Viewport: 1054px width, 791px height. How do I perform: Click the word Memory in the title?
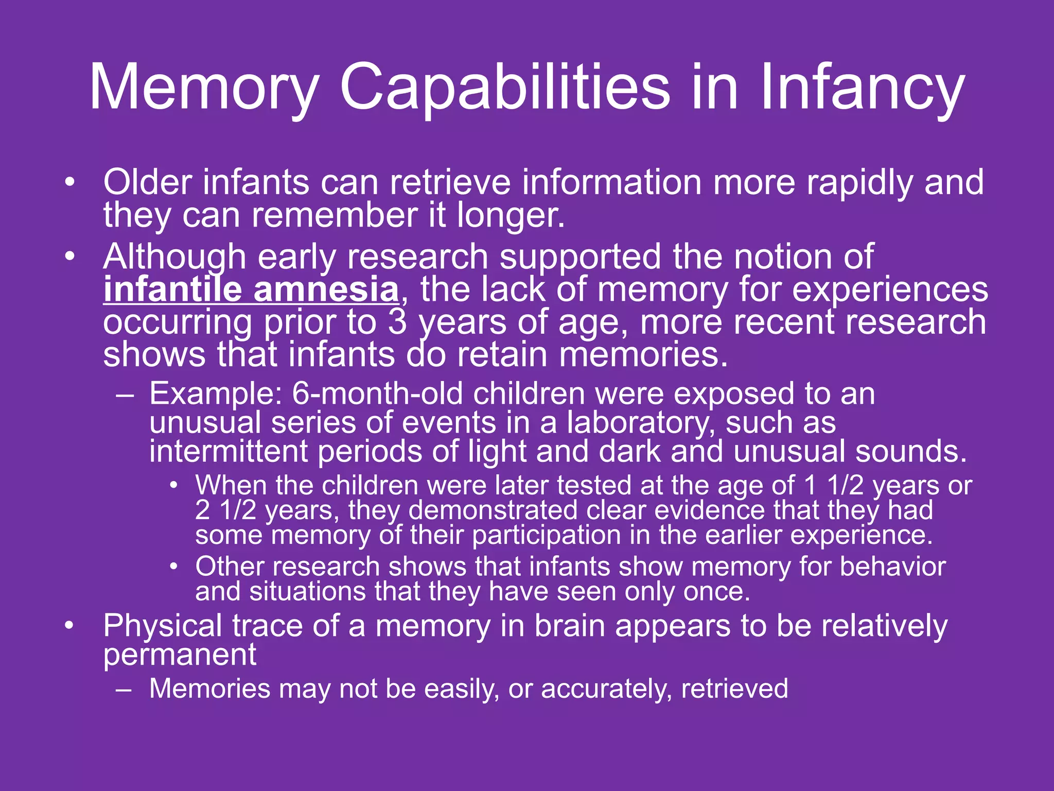pos(204,88)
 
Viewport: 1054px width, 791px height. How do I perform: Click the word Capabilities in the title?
pos(504,88)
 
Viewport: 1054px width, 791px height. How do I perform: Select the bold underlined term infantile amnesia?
pos(251,289)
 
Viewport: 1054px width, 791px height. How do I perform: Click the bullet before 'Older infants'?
pos(70,182)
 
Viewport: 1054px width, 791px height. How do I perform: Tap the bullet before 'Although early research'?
pos(70,256)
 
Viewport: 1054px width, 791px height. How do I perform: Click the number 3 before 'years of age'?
pos(397,322)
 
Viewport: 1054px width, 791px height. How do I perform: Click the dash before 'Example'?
pos(125,395)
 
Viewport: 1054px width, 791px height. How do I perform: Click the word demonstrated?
pos(493,511)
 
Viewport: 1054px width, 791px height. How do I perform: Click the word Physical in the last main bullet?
pos(162,626)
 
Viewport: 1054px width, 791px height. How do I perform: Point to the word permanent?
pos(180,655)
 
